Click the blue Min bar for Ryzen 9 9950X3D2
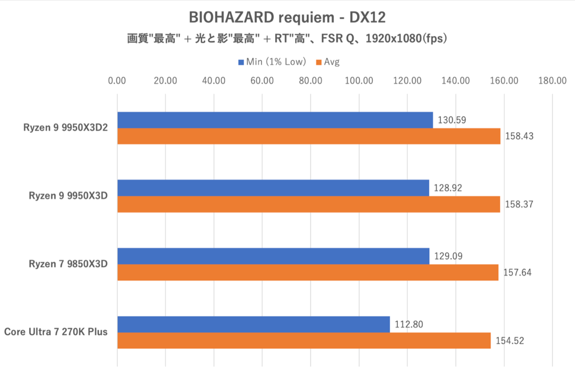275,120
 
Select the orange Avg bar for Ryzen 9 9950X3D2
309,136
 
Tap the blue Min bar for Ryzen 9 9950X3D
273,188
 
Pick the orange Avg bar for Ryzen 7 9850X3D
308,272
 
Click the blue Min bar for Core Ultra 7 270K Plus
253,325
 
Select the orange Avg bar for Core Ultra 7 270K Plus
304,340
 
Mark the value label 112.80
409,325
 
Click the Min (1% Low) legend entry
272,62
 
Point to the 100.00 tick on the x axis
359,80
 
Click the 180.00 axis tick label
552,80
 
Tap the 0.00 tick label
117,80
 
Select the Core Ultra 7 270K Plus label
56,332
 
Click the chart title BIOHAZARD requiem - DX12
287,18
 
